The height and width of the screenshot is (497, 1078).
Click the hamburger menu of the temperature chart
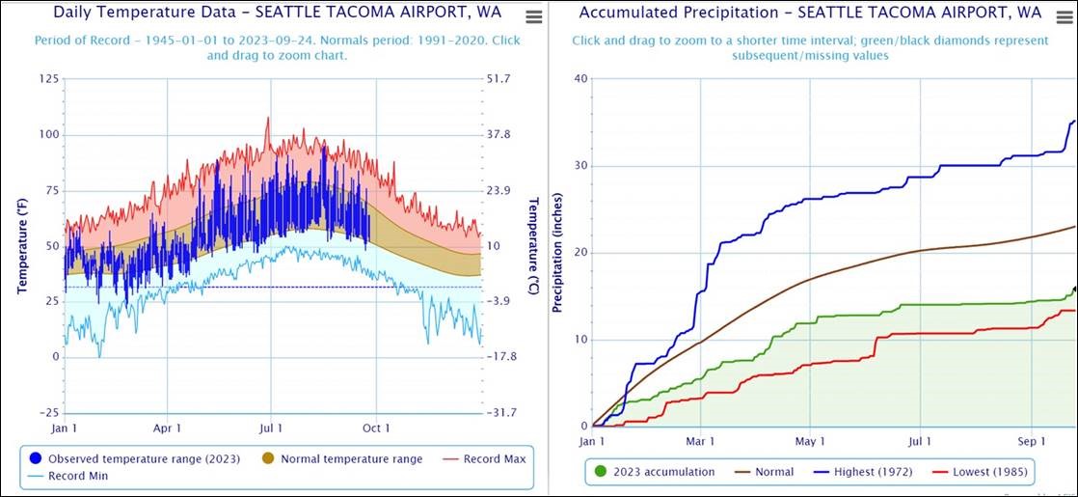[533, 16]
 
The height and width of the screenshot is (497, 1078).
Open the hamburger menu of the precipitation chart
[1065, 16]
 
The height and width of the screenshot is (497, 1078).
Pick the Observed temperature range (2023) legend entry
[135, 458]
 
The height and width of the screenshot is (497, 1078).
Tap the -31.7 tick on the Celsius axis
[502, 412]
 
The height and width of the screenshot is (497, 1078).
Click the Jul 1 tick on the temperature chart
[271, 428]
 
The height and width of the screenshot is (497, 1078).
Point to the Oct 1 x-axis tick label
[377, 428]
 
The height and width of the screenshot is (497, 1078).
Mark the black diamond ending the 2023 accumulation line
[1075, 289]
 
